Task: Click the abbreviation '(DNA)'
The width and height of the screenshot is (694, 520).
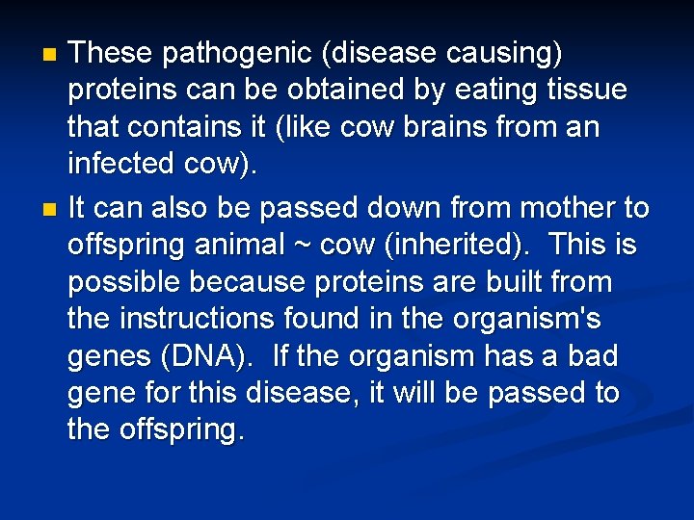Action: point(204,356)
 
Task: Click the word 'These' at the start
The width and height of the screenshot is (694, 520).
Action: point(110,53)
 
